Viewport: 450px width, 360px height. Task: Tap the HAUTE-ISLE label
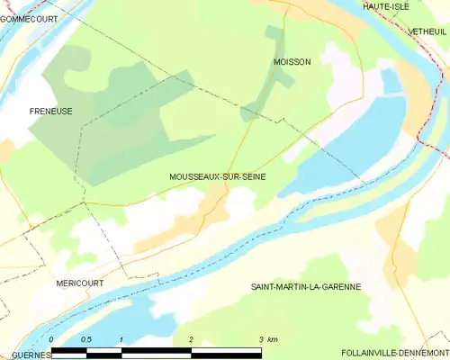pyautogui.click(x=382, y=6)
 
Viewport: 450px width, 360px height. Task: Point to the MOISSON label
pyautogui.click(x=292, y=62)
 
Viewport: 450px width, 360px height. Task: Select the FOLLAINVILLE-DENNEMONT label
pyautogui.click(x=396, y=352)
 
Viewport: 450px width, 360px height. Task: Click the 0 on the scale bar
pyautogui.click(x=52, y=339)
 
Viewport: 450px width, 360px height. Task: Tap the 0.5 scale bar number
pyautogui.click(x=85, y=339)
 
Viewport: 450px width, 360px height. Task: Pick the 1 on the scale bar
pyautogui.click(x=121, y=339)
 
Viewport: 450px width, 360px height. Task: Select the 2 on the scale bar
pyautogui.click(x=191, y=339)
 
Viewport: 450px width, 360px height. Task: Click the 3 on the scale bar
pyautogui.click(x=261, y=339)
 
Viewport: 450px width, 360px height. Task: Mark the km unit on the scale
pyautogui.click(x=273, y=339)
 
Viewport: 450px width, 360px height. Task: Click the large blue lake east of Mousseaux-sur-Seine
pyautogui.click(x=342, y=157)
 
